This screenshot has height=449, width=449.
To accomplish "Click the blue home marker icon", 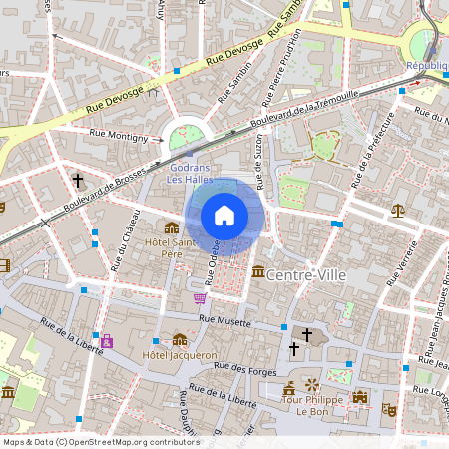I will [224, 215].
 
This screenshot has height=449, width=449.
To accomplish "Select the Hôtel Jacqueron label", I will [181, 355].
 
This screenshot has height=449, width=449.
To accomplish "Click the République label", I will [427, 65].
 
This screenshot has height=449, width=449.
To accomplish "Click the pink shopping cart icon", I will [200, 297].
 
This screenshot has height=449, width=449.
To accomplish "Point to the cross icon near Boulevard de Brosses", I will [77, 181].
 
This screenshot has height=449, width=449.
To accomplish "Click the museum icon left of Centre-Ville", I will [258, 272].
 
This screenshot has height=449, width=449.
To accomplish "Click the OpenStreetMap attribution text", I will [87, 441].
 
